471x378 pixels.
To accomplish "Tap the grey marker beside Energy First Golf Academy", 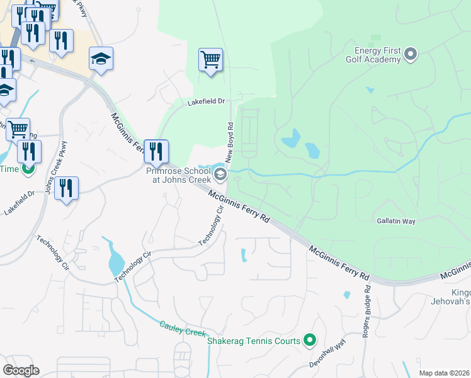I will click(x=411, y=54).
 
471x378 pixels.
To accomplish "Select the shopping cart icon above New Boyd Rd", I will click(x=210, y=60).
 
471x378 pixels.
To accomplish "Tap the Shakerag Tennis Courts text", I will click(x=254, y=341).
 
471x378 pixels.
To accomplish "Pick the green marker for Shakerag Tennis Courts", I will click(x=309, y=341).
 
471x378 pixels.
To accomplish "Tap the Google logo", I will click(x=21, y=370).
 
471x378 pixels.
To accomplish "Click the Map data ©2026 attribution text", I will click(x=443, y=373).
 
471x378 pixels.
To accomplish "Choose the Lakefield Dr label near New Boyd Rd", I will click(x=205, y=101).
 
